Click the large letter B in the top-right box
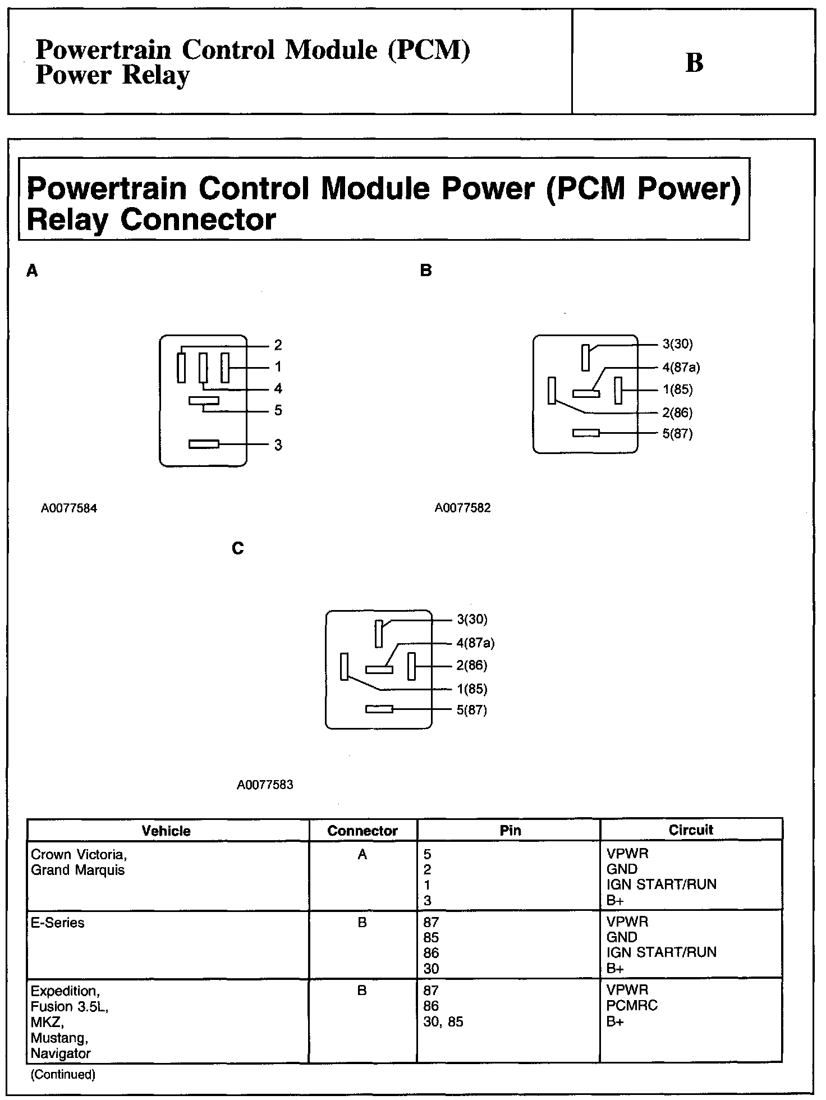tap(694, 63)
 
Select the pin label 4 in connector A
tap(278, 388)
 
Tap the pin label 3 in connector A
tap(278, 445)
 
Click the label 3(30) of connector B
tap(677, 344)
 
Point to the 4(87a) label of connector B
tap(681, 368)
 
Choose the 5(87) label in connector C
tap(471, 710)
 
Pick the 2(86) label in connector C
tap(471, 666)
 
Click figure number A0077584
tap(69, 508)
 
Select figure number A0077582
tap(462, 508)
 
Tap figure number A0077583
tap(265, 785)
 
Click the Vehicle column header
tap(166, 831)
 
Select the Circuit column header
tap(691, 830)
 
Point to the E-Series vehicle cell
tap(58, 923)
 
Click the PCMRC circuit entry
tap(632, 1006)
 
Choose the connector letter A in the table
tap(362, 854)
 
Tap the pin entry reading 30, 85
tap(443, 1022)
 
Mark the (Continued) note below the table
tap(63, 1075)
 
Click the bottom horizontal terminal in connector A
tap(204, 444)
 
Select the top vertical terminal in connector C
tap(379, 634)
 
